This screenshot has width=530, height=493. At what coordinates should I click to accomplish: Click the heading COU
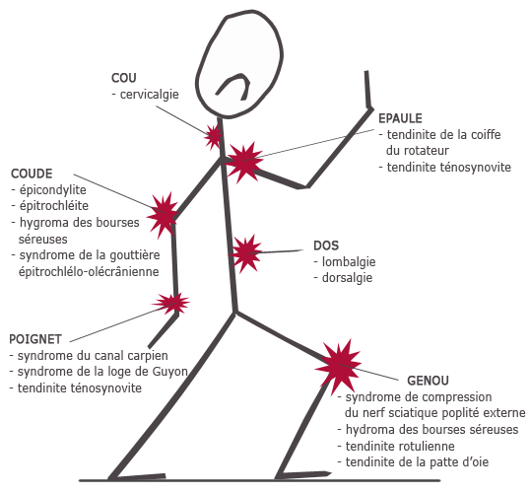pyautogui.click(x=124, y=78)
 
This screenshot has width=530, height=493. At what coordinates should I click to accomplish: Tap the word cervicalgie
pyautogui.click(x=149, y=95)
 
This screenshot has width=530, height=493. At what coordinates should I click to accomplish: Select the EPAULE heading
pyautogui.click(x=400, y=118)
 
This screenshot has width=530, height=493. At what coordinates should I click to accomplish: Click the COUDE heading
pyautogui.click(x=32, y=174)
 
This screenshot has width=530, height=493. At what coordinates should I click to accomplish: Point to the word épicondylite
pyautogui.click(x=53, y=190)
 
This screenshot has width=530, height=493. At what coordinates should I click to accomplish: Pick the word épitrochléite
pyautogui.click(x=54, y=206)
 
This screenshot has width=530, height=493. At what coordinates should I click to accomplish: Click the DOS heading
pyautogui.click(x=326, y=246)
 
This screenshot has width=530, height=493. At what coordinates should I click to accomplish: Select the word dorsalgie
pyautogui.click(x=347, y=278)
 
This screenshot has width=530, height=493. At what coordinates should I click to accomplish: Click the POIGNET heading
pyautogui.click(x=35, y=339)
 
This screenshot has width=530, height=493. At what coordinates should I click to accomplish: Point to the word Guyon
pyautogui.click(x=170, y=372)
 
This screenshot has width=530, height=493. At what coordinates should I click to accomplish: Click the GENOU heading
pyautogui.click(x=428, y=381)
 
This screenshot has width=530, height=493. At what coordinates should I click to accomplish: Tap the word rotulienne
pyautogui.click(x=427, y=446)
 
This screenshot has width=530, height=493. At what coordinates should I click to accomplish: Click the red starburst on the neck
pyautogui.click(x=214, y=137)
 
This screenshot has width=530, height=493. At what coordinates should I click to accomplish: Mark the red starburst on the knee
pyautogui.click(x=339, y=365)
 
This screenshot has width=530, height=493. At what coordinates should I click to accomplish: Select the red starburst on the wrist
pyautogui.click(x=171, y=303)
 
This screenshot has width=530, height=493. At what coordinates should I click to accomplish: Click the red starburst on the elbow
pyautogui.click(x=163, y=215)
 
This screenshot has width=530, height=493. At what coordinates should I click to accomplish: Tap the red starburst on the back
pyautogui.click(x=245, y=253)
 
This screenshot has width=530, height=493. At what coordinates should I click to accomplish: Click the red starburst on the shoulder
pyautogui.click(x=243, y=162)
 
